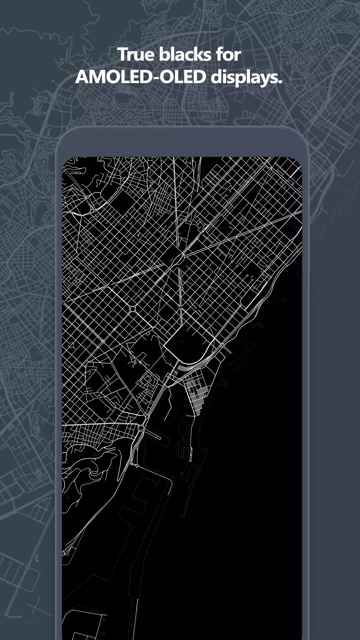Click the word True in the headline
pos(136,55)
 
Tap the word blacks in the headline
pos(185,55)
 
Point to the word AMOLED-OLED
pos(141,77)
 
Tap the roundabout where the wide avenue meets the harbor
pos(141,428)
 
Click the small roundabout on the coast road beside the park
pos(222,345)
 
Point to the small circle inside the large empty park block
pos(183,343)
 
